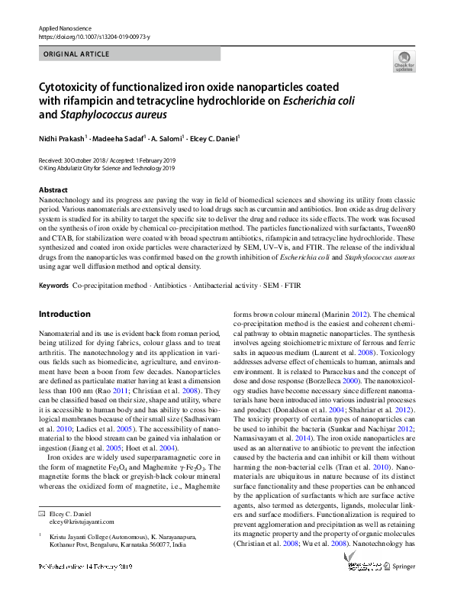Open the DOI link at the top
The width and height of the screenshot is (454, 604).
click(x=94, y=36)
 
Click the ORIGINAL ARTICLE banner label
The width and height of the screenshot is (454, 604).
click(x=77, y=54)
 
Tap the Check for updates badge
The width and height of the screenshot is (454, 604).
click(x=404, y=60)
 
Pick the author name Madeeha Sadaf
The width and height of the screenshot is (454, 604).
click(x=119, y=138)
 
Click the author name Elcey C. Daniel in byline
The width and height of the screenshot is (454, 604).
click(x=214, y=138)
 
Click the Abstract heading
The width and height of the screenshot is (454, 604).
click(x=53, y=189)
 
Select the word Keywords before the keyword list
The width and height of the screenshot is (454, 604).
click(x=53, y=285)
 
